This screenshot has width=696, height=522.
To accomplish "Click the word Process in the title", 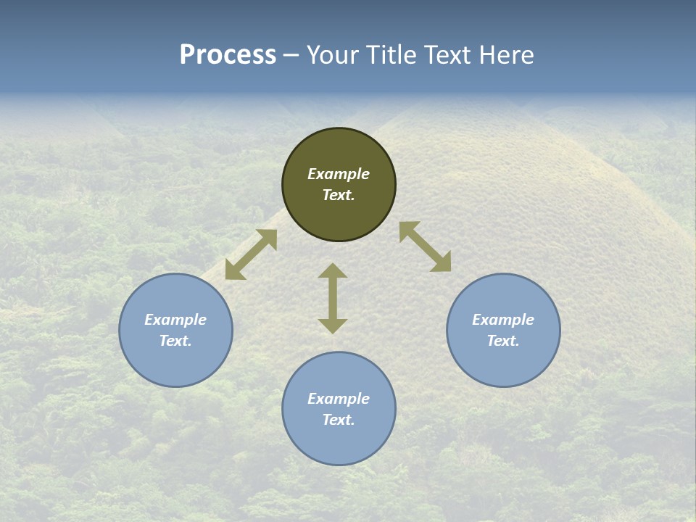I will point(228,55).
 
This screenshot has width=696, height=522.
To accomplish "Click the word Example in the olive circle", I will point(339,174).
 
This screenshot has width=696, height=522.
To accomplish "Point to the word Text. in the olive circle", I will point(339,195).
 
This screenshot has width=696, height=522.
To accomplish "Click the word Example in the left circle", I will point(175,320).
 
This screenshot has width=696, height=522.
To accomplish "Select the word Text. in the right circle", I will point(503,341).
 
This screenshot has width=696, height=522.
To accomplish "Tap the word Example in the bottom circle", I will point(339,399).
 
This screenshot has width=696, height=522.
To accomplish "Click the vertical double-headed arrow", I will point(333,299).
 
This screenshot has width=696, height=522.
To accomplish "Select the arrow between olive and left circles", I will point(251,254).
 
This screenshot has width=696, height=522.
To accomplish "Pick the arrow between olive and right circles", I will point(425,246).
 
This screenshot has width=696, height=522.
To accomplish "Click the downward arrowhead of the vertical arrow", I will point(333,326).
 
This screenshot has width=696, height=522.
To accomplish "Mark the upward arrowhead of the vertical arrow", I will point(333,271).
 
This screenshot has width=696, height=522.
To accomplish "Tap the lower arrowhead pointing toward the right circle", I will point(442,262).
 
